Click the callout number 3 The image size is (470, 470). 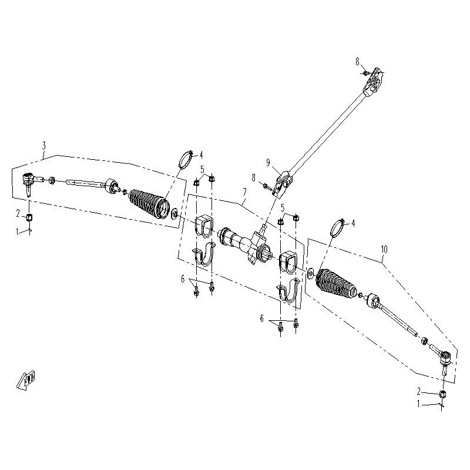pos(43,145)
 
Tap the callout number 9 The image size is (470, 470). pos(267,162)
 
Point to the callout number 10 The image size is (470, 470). pos(384,250)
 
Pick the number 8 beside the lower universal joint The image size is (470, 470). pos(253,177)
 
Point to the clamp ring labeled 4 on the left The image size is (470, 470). pos(186,160)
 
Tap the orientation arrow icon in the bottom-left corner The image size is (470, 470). pos(26,380)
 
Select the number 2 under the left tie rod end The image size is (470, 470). pos(18,212)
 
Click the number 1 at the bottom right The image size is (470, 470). pos(419,404)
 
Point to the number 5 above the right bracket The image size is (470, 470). pos(283,208)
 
